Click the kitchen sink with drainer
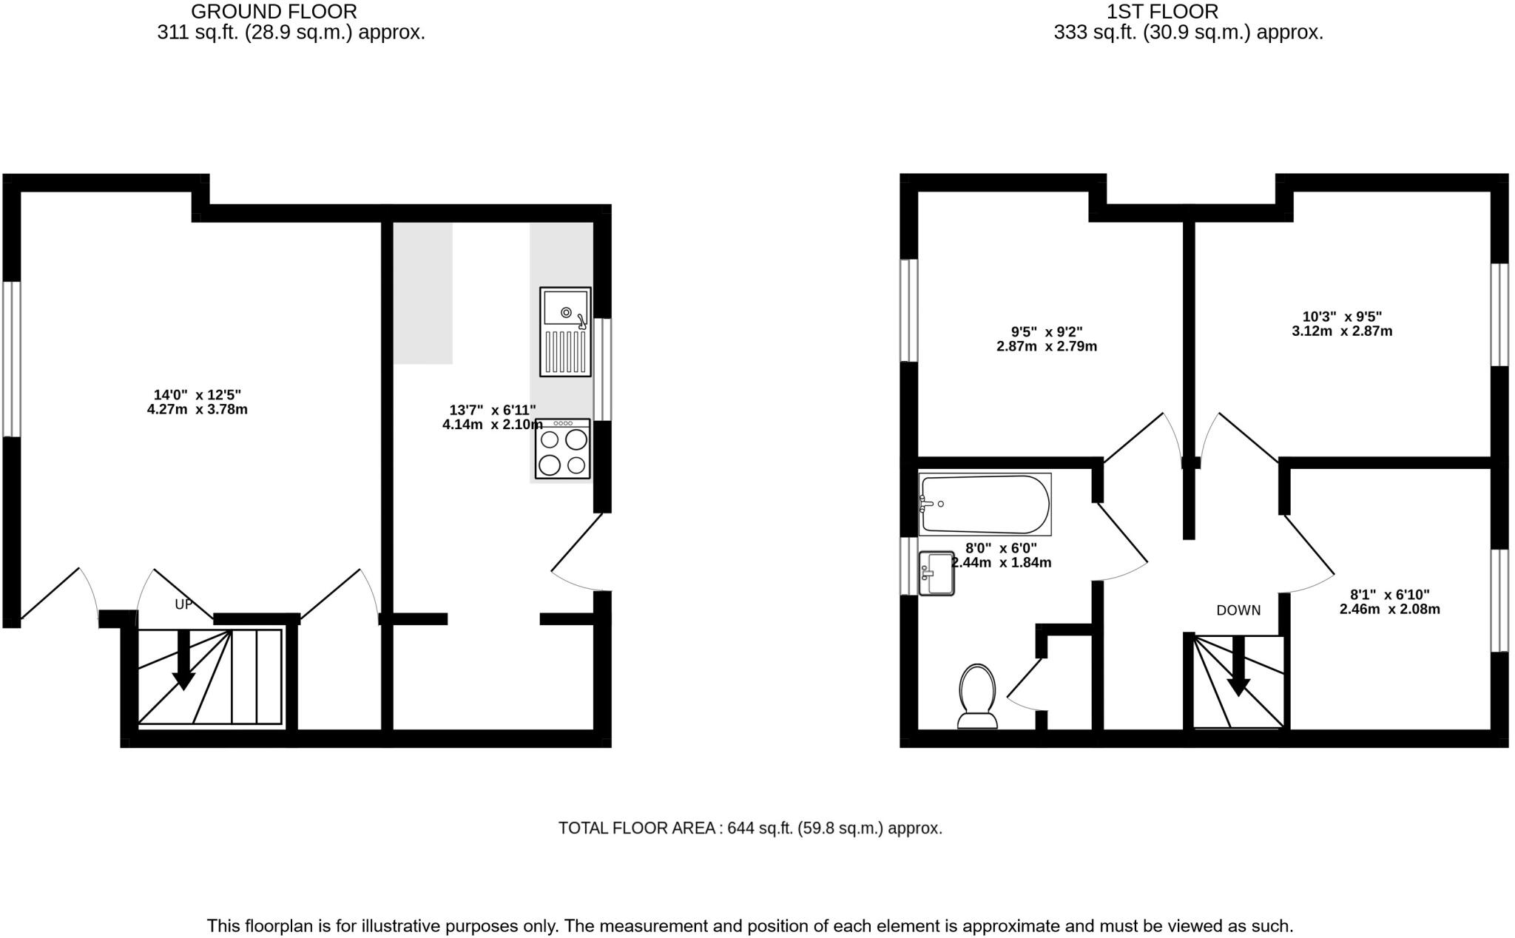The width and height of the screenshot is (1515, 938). tap(565, 331)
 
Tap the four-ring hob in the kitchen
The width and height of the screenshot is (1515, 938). tap(563, 449)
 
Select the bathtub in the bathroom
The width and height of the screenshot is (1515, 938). tap(985, 505)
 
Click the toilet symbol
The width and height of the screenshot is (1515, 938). tap(976, 696)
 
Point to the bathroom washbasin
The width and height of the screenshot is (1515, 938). tap(936, 573)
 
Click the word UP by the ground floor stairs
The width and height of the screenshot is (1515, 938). tap(183, 604)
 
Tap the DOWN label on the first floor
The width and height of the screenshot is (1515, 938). tap(1238, 610)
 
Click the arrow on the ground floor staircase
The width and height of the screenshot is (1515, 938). tap(183, 661)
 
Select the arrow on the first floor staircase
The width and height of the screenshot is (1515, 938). tap(1238, 667)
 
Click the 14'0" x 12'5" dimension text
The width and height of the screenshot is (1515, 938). tap(198, 402)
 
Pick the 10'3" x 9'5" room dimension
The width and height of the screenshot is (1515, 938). tap(1342, 324)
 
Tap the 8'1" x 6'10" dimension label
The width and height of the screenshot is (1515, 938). tap(1389, 602)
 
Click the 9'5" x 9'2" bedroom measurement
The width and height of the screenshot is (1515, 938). tap(1046, 339)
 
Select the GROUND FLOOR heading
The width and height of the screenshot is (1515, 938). tap(274, 12)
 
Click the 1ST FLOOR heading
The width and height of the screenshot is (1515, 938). tap(1162, 12)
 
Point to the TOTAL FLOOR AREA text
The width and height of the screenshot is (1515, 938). tap(749, 828)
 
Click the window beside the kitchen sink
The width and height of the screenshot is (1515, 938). tap(604, 369)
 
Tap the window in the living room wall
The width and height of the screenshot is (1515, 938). tap(11, 359)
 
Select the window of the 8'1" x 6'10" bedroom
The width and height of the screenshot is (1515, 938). tap(1499, 600)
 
